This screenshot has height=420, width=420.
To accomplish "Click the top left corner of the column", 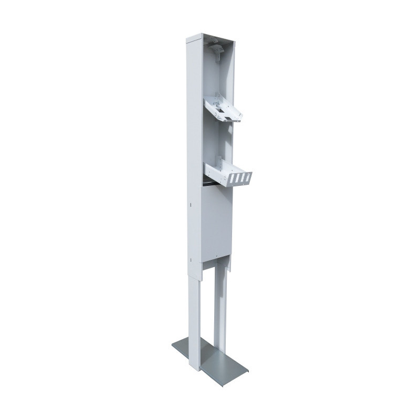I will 188,39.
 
